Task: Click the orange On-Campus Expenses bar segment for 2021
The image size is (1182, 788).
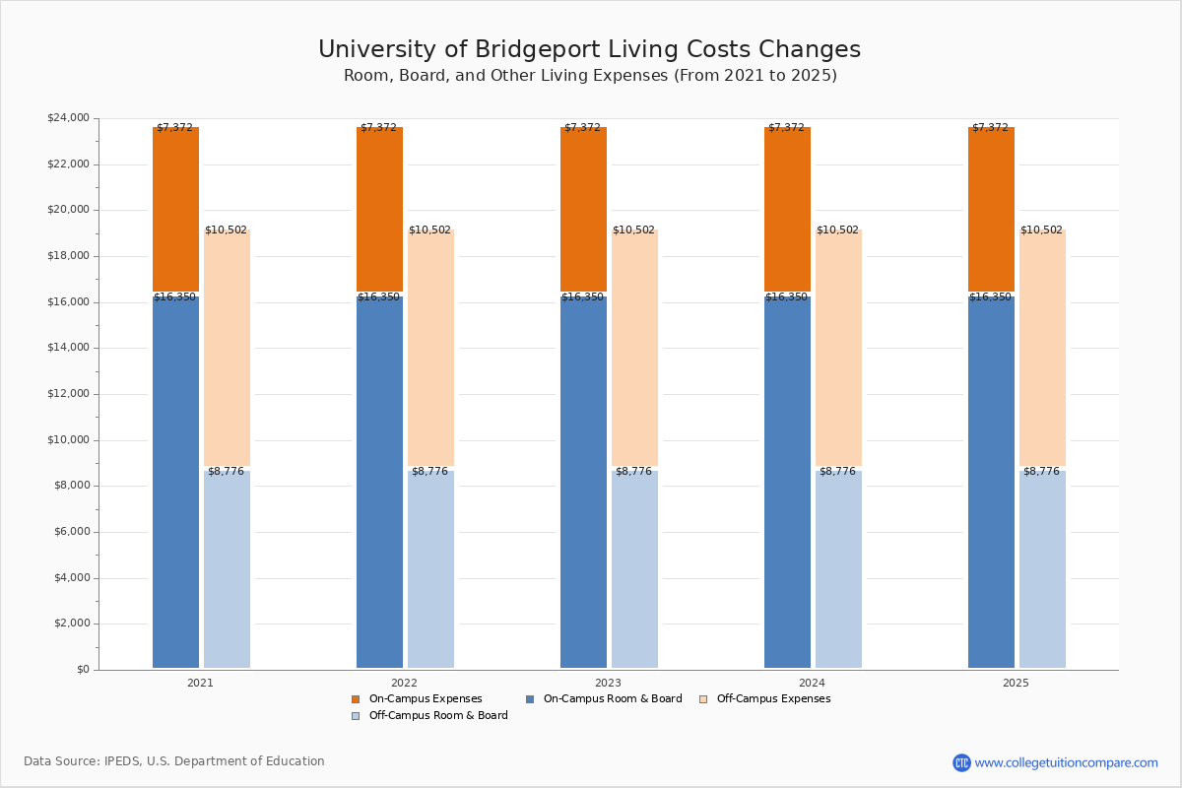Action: (175, 210)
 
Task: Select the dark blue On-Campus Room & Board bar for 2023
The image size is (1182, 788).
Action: (583, 483)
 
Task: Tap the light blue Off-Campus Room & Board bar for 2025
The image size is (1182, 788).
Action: (1042, 569)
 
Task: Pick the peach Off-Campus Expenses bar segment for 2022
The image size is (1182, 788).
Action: (430, 348)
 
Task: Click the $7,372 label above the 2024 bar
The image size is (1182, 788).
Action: (786, 128)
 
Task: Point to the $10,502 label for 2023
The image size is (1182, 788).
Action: (633, 230)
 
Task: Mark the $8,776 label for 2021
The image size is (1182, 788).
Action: (226, 472)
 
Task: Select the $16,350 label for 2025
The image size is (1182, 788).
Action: (990, 297)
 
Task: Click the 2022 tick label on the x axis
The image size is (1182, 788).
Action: (404, 683)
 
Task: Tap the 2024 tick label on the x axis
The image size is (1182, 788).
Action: (812, 683)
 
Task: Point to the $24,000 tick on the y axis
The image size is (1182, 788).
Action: (68, 118)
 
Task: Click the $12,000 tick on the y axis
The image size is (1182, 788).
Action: (68, 394)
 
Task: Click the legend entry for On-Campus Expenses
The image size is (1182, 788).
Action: (425, 699)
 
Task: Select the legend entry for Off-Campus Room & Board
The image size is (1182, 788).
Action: (437, 716)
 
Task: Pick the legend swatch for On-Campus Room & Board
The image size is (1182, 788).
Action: (530, 699)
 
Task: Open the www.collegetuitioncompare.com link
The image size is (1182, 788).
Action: (1066, 762)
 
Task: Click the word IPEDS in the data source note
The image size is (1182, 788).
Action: (122, 761)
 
